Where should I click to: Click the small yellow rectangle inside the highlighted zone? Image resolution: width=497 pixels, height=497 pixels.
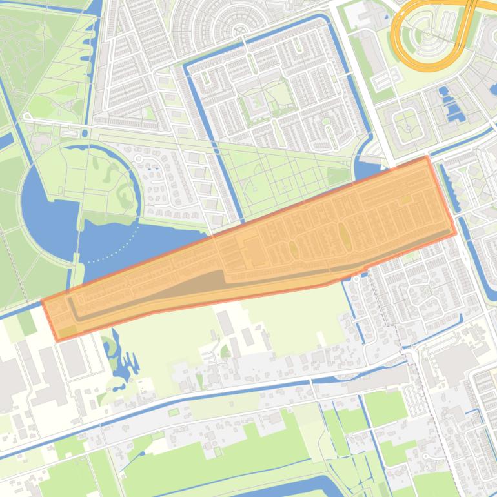coord(405,200)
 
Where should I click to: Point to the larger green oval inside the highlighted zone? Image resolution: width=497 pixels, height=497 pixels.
coord(345,238)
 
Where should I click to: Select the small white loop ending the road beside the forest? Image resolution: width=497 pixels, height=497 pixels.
coord(27,117)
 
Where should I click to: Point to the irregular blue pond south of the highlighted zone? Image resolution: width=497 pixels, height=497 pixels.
coord(116,361)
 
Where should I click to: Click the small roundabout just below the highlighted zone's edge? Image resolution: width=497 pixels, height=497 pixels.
coord(355,279)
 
